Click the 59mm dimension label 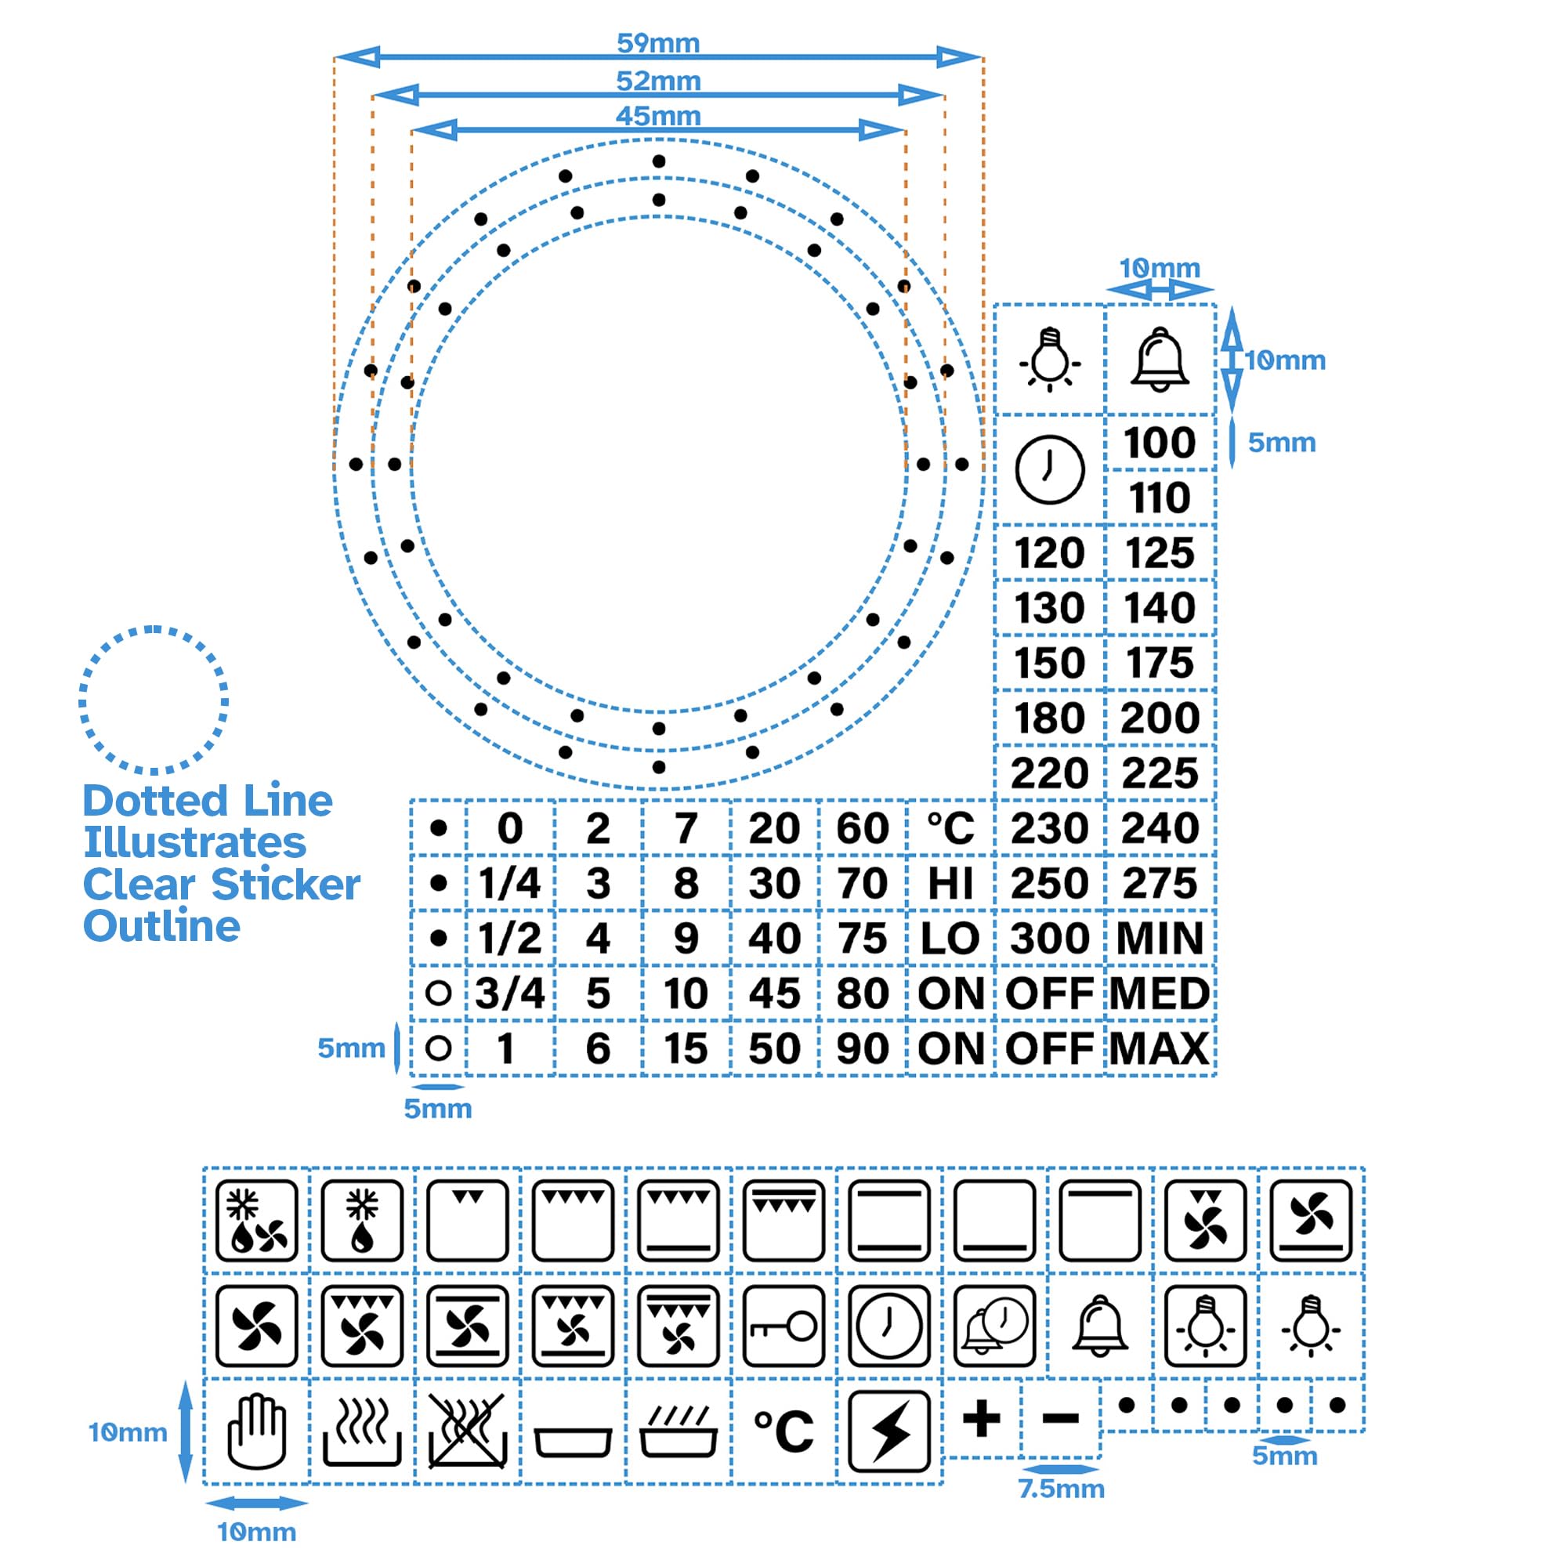point(658,43)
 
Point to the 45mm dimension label point(658,116)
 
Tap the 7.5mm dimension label point(1061,1489)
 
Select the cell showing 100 point(1159,443)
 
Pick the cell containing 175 point(1159,663)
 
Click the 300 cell point(1049,939)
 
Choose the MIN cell point(1159,939)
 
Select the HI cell point(950,883)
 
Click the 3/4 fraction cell point(509,993)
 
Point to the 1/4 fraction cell point(509,883)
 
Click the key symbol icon point(783,1327)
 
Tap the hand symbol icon point(256,1431)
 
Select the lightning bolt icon point(889,1431)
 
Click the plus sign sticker point(982,1419)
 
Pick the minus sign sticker point(1060,1419)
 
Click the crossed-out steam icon point(467,1431)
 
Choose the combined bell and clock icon point(994,1327)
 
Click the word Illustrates point(194,843)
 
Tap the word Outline point(161,926)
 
